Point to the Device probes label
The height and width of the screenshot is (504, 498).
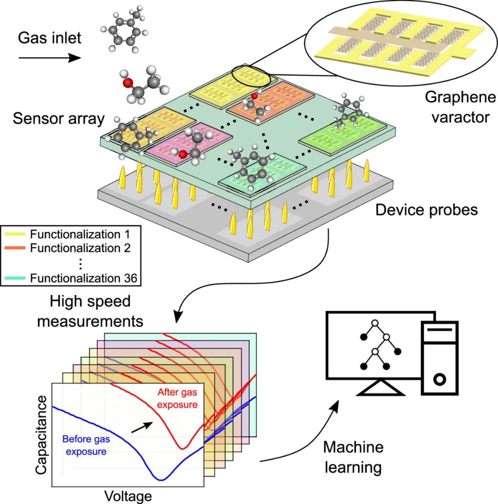click(x=427, y=210)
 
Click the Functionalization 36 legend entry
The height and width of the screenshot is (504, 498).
click(x=74, y=278)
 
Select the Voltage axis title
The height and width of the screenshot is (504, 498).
click(x=128, y=496)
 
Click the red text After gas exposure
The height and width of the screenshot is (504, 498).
click(x=178, y=398)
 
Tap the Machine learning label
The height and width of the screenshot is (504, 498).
click(x=353, y=457)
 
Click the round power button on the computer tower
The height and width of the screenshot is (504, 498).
click(x=439, y=379)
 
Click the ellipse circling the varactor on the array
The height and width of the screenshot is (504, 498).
click(x=249, y=75)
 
